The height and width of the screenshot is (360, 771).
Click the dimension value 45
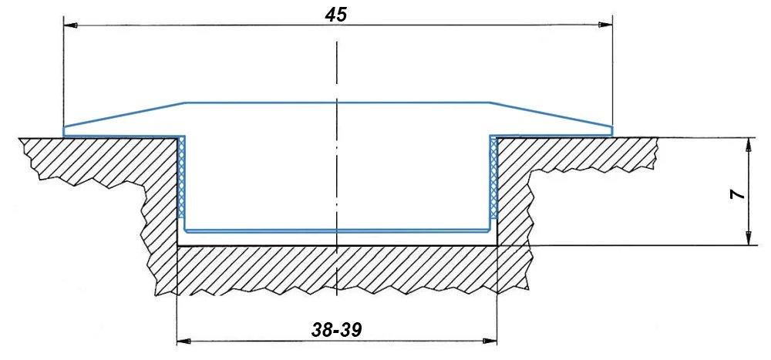click(336, 15)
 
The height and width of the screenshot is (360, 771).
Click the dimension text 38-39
click(337, 330)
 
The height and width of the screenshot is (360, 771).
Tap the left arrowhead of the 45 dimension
click(71, 25)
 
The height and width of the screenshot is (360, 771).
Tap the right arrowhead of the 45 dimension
click(605, 25)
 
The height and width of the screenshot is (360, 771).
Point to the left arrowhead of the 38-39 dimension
click(184, 341)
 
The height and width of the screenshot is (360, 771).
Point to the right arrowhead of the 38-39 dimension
click(490, 341)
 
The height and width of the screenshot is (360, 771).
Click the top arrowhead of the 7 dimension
click(748, 145)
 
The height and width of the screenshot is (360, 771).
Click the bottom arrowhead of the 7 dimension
click(748, 238)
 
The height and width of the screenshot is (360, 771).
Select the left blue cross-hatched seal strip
click(181, 177)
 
